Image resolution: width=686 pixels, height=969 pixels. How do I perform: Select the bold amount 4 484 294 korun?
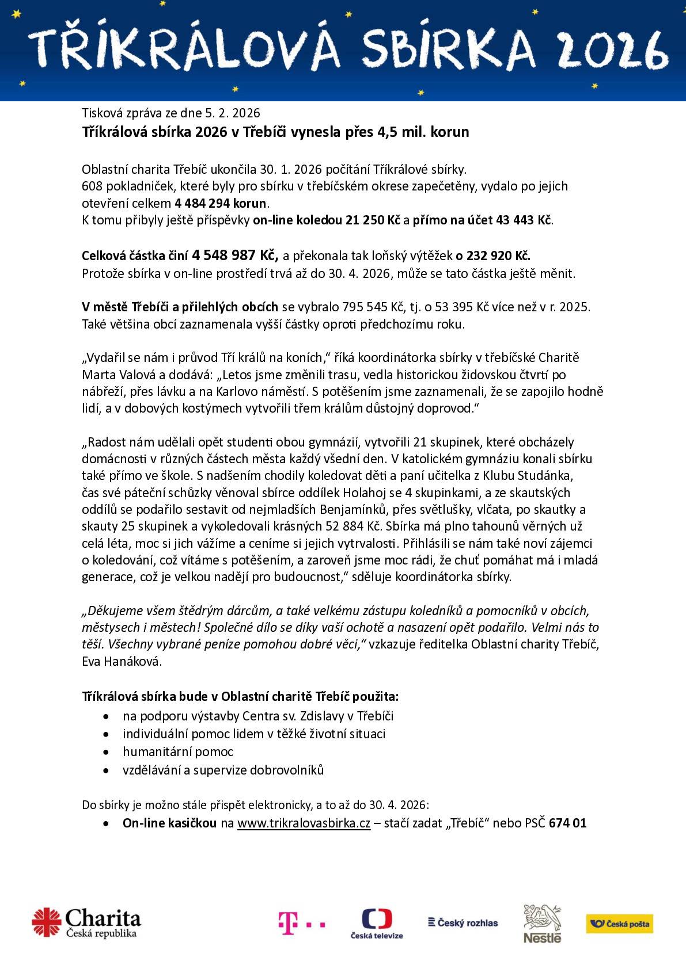click(x=221, y=203)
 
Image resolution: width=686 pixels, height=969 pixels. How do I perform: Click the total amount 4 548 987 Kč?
click(x=234, y=255)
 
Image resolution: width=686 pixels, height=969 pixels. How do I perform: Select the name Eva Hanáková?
click(x=121, y=661)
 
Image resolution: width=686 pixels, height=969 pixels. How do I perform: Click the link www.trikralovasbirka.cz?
click(x=304, y=823)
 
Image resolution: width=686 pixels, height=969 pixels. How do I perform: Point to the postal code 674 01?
click(x=568, y=823)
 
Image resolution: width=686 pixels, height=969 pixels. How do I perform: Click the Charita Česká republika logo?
click(x=87, y=922)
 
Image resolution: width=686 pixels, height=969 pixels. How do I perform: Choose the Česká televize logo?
click(x=377, y=923)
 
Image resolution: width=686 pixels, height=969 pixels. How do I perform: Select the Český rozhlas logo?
click(x=463, y=923)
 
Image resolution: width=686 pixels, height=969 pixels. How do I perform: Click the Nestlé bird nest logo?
click(x=541, y=923)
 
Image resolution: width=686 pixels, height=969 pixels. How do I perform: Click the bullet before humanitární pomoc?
click(x=105, y=752)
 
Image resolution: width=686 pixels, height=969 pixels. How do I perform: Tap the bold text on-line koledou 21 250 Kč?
click(x=326, y=220)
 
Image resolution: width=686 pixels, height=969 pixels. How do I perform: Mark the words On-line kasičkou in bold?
click(x=169, y=823)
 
